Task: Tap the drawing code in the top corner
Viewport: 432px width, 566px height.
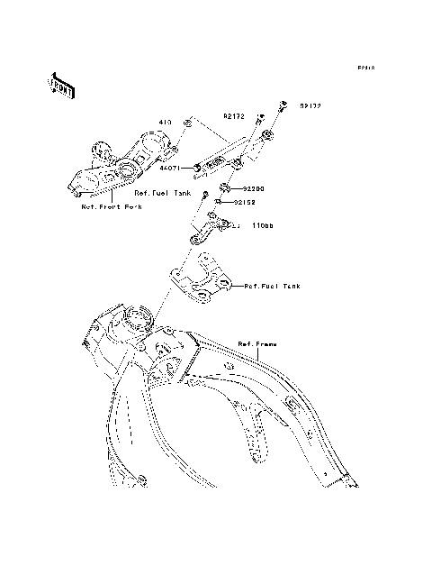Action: [x=364, y=68]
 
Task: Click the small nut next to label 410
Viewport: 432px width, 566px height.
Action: [x=186, y=122]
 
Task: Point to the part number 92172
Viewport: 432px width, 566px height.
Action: [x=235, y=116]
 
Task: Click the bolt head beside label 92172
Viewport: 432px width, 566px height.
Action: [x=259, y=117]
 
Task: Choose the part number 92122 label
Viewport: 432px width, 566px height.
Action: [x=310, y=105]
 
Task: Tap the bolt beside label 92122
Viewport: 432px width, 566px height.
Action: [x=282, y=106]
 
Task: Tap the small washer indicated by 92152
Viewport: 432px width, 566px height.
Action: [x=219, y=203]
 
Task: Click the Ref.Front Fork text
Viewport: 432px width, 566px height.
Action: [x=112, y=206]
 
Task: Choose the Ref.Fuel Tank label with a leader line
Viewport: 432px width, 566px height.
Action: [x=273, y=286]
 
